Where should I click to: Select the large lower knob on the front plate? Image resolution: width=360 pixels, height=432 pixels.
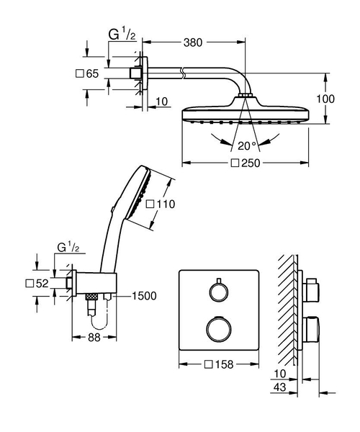(217, 329)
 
